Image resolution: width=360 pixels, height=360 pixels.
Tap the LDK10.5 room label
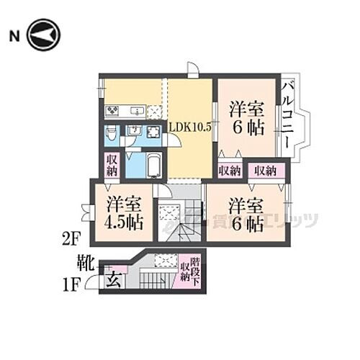pyautogui.click(x=190, y=126)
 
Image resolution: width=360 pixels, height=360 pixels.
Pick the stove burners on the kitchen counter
pyautogui.click(x=114, y=111)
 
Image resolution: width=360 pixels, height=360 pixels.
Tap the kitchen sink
pyautogui.click(x=135, y=111)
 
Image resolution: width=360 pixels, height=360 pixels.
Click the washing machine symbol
pyautogui.click(x=153, y=132)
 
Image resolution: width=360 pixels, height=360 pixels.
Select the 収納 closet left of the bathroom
pyautogui.click(x=112, y=165)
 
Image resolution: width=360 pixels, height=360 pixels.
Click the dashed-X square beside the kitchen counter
pyautogui.click(x=154, y=111)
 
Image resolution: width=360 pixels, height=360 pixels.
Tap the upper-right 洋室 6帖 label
pyautogui.click(x=247, y=120)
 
